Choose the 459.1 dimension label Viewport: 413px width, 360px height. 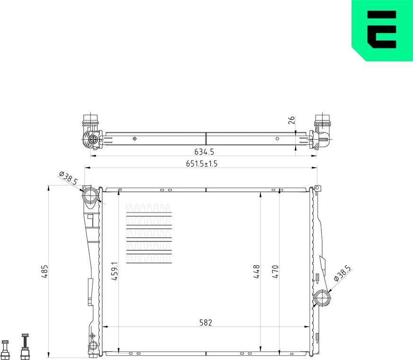[x=113, y=272]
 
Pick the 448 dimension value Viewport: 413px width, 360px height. [x=257, y=272]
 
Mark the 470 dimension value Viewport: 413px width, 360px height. [x=275, y=272]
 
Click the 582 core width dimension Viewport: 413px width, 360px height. [x=206, y=323]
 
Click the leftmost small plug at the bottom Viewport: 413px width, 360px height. [x=6, y=348]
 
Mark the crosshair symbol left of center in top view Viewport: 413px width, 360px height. [x=135, y=138]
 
